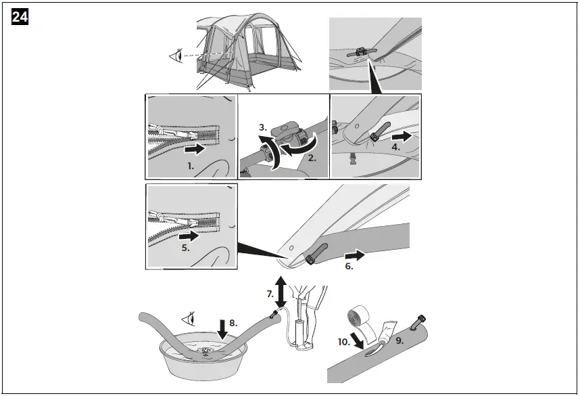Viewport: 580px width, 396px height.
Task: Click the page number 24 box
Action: (x=20, y=18)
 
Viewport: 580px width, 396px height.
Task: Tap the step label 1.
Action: (x=191, y=164)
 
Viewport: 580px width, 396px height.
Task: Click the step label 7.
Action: (x=270, y=294)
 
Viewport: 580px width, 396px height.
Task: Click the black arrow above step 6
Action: (x=355, y=255)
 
